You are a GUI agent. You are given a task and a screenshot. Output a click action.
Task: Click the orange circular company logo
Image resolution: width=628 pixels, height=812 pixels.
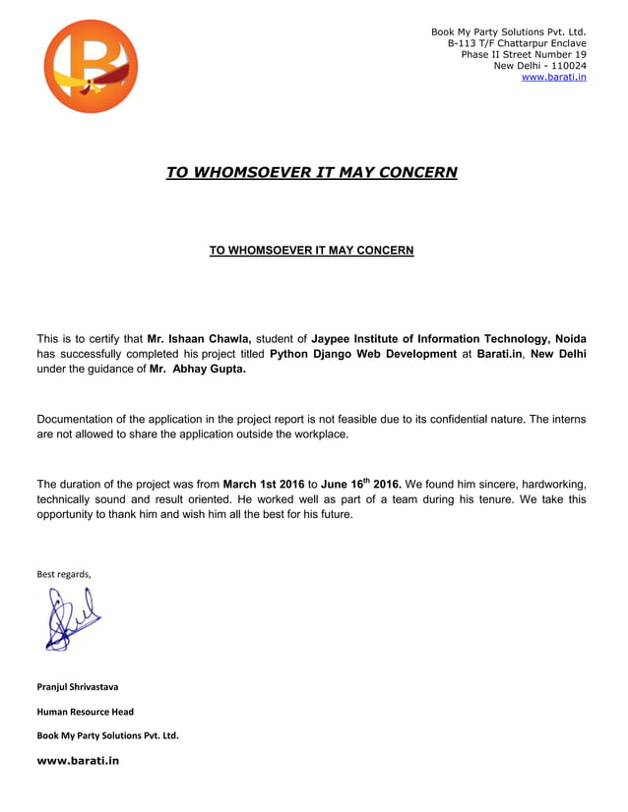coord(91,66)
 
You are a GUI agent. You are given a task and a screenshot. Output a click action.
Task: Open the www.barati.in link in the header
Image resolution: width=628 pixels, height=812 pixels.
coord(553,77)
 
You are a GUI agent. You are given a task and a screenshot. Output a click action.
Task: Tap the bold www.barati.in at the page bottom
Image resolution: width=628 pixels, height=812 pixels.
coord(78,760)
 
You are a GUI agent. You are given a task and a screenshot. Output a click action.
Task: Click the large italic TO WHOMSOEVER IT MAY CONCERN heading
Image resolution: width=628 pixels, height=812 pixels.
coord(311,172)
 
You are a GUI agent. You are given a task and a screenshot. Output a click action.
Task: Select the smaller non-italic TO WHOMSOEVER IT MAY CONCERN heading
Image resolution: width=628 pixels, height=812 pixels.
coord(311,251)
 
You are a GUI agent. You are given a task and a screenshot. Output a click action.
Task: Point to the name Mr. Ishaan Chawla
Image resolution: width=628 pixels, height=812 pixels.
coord(199,338)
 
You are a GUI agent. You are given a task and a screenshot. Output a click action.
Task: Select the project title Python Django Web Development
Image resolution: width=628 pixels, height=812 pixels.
coord(362,354)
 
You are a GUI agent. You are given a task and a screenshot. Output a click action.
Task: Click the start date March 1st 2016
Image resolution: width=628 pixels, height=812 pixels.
coord(264,484)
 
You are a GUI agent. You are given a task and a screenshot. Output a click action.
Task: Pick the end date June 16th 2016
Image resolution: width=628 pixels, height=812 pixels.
coord(361,484)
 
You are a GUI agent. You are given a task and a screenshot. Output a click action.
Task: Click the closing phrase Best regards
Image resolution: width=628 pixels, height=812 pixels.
coord(63,574)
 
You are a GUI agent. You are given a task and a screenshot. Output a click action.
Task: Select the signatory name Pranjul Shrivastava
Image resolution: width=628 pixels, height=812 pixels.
coord(77,686)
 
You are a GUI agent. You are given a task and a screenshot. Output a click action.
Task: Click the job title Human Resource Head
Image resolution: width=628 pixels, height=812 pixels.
coord(85,711)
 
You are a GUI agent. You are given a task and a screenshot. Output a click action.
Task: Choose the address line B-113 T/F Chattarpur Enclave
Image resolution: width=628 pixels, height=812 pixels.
coord(517,43)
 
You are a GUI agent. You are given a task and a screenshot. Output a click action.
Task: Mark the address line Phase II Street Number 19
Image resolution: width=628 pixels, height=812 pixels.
coord(524,54)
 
